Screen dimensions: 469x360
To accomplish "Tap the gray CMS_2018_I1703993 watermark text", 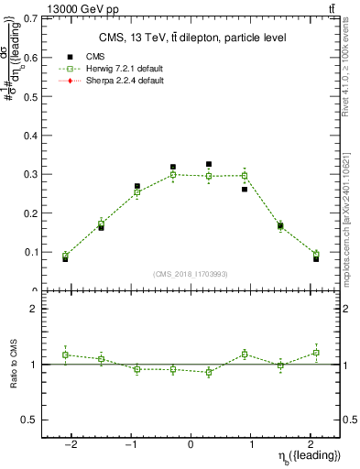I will point(191,274).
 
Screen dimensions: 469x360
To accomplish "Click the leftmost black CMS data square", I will point(66,259).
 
